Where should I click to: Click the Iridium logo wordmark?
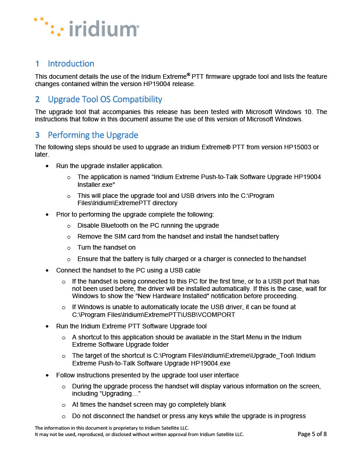(x=103, y=29)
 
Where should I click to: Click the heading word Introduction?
(x=71, y=64)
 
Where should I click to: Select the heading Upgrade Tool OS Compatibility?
(x=105, y=99)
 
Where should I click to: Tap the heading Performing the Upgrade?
(x=93, y=135)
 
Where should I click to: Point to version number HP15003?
(x=284, y=147)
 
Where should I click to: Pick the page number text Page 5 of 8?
(x=312, y=434)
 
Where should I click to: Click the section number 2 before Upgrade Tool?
(x=37, y=99)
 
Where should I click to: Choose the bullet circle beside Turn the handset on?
(x=69, y=248)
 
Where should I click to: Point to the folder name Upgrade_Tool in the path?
(x=271, y=355)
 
